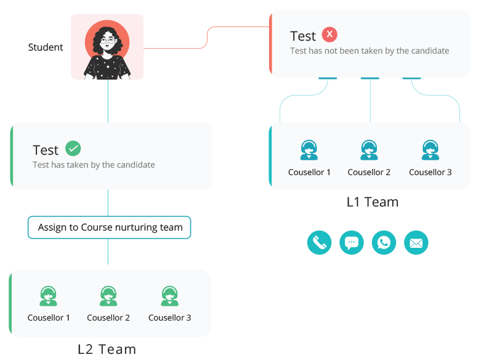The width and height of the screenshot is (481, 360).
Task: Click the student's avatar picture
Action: click(107, 47)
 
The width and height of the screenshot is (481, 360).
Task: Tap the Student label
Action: click(46, 47)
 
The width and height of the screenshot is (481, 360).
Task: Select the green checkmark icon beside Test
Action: click(73, 149)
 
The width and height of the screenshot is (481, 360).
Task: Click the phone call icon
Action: click(319, 242)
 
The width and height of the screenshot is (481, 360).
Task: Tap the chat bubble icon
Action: click(352, 242)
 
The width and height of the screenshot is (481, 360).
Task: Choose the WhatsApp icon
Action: click(384, 242)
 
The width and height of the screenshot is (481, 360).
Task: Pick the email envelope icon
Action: click(416, 242)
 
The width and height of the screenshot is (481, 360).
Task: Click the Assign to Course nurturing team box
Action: click(110, 227)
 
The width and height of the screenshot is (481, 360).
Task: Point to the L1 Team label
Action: click(372, 202)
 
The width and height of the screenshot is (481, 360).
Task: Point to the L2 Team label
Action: click(107, 349)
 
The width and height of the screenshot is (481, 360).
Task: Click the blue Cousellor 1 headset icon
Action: click(309, 150)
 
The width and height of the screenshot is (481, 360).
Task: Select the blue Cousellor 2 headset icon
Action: click(369, 150)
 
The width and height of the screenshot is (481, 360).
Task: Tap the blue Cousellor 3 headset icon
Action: click(430, 150)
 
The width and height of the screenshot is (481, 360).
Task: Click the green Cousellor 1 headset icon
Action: click(49, 296)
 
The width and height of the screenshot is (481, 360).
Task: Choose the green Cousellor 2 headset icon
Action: click(108, 296)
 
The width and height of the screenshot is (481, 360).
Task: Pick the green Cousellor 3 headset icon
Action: click(169, 296)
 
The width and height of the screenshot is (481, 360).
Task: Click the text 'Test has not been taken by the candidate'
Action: click(370, 51)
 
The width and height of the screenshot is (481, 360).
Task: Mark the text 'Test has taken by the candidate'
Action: click(94, 165)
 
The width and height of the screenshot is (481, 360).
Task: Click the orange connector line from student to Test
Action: click(207, 38)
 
